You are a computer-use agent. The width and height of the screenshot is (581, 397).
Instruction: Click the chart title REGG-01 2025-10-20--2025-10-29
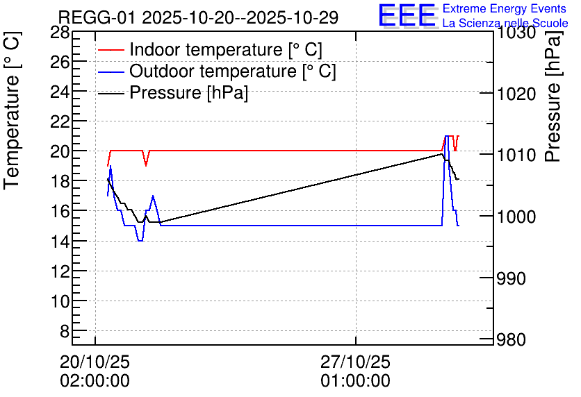click(x=198, y=17)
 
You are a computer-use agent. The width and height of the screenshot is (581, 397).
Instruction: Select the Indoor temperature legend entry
click(x=210, y=49)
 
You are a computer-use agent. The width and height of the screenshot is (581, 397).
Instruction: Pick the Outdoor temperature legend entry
click(x=217, y=71)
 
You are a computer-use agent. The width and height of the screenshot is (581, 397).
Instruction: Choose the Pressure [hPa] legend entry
click(x=173, y=92)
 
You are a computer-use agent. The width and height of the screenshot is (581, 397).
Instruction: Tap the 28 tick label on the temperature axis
click(x=60, y=33)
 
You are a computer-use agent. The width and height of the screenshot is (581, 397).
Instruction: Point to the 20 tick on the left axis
click(x=60, y=151)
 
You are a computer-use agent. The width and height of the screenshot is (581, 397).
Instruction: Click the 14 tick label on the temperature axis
click(x=60, y=242)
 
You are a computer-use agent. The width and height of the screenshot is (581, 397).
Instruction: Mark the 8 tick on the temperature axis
click(x=65, y=331)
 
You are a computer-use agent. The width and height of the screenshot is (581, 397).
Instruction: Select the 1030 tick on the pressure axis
click(x=516, y=33)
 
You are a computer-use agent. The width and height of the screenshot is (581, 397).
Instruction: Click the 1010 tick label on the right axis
click(x=516, y=155)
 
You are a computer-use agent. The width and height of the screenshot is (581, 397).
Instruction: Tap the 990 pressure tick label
click(x=511, y=278)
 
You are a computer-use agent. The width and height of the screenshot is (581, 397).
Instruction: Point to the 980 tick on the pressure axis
click(x=511, y=339)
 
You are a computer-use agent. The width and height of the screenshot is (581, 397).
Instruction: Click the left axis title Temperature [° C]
click(x=13, y=110)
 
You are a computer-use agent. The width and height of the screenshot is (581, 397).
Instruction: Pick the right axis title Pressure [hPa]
click(x=553, y=96)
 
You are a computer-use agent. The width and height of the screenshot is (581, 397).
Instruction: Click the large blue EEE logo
click(x=407, y=15)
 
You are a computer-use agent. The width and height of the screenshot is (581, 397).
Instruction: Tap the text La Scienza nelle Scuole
click(x=505, y=24)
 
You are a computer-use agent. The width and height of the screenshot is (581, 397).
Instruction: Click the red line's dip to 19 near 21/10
click(x=146, y=165)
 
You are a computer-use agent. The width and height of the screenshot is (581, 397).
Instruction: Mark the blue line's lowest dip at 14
click(x=140, y=241)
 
